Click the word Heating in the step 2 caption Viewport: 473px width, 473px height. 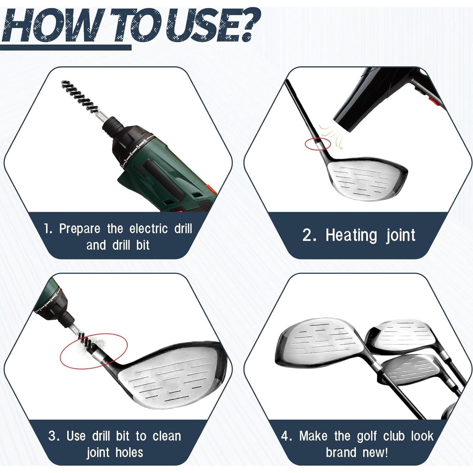click(x=351, y=235)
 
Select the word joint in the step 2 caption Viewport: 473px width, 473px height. click(x=401, y=235)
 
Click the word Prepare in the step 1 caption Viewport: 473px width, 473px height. click(x=79, y=229)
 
